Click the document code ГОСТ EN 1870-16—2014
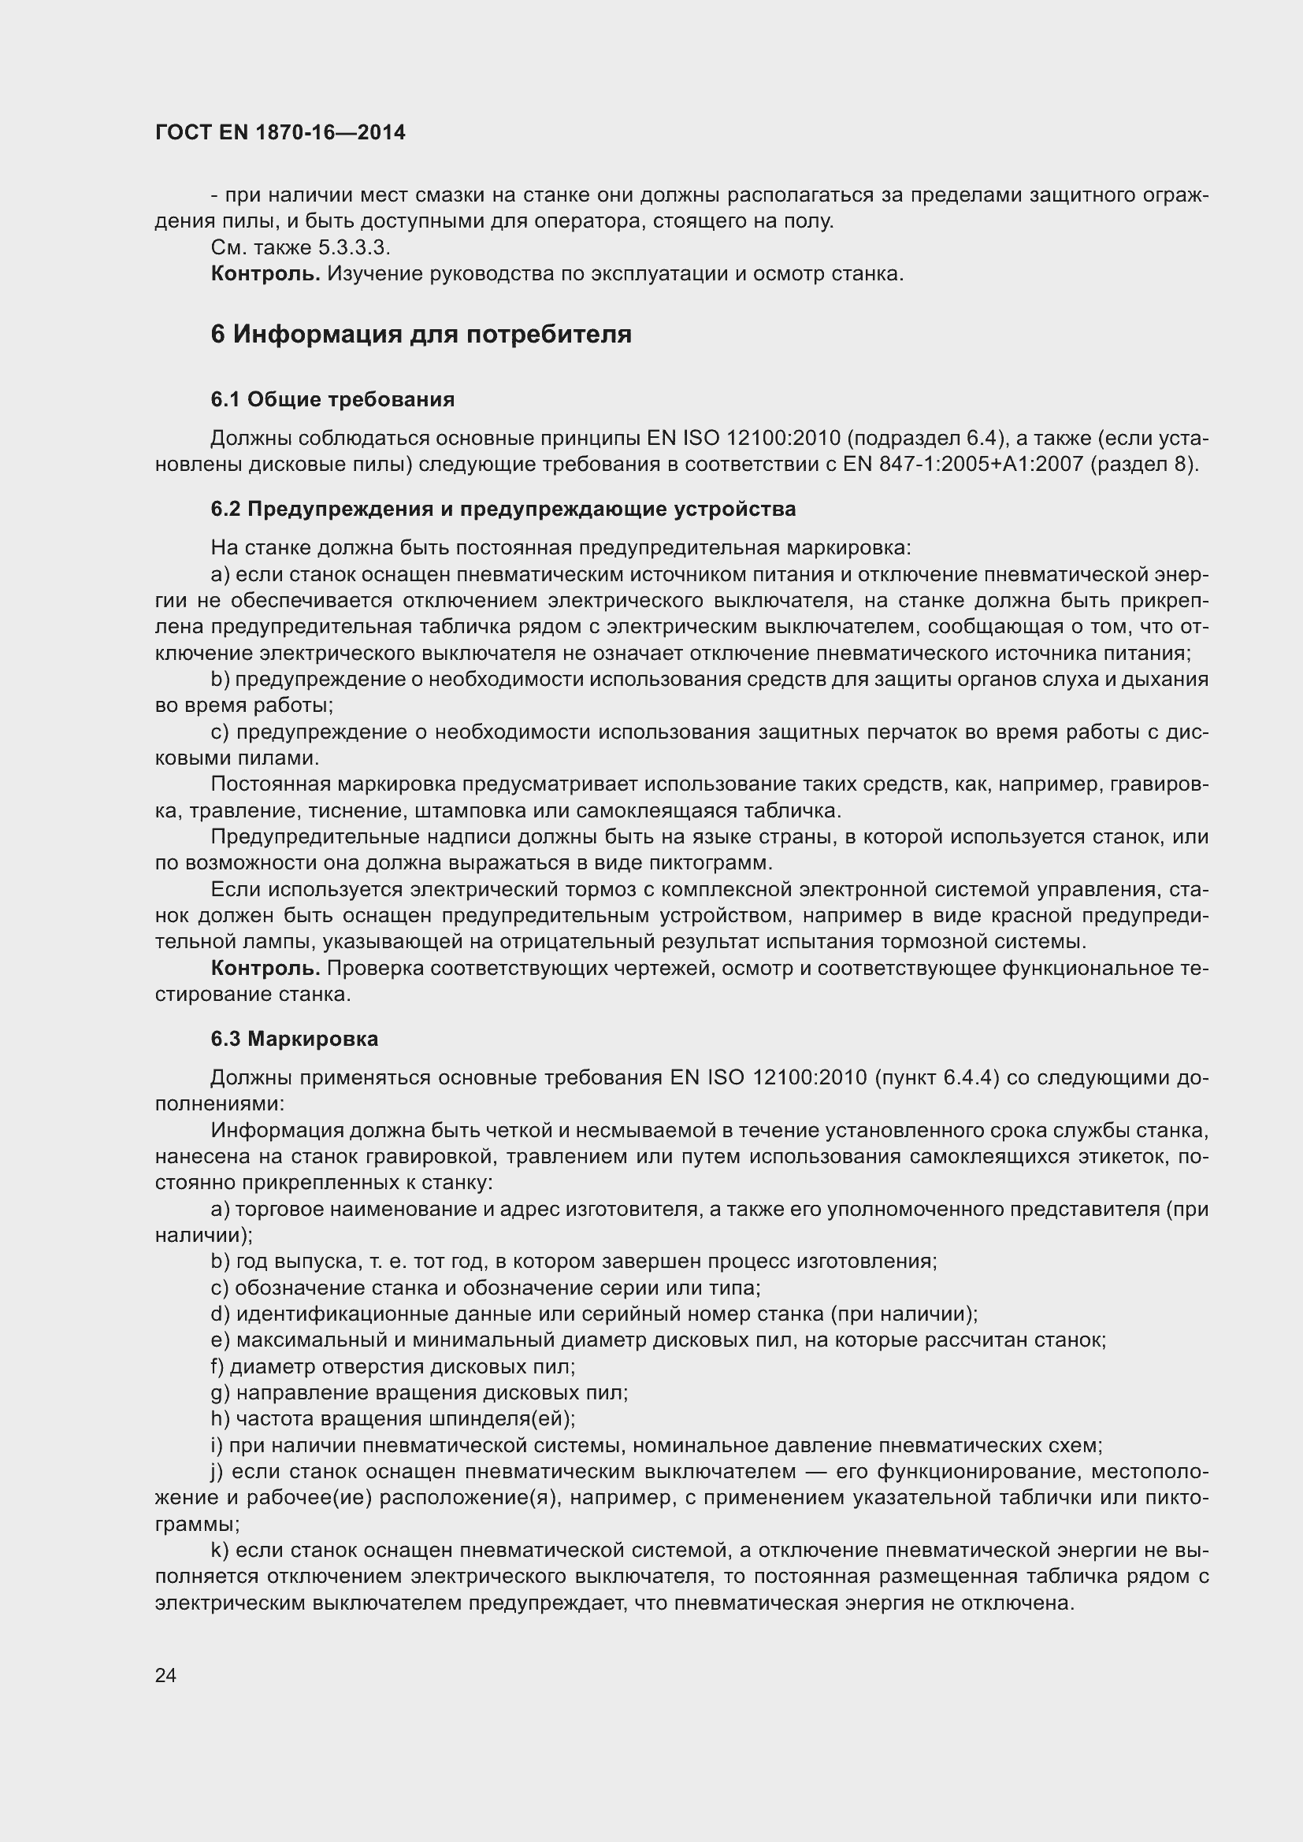(280, 132)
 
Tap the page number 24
(165, 1674)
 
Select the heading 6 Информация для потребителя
(421, 334)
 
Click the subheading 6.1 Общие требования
(332, 398)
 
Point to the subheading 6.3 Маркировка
(295, 1038)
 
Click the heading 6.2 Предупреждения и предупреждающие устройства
(503, 509)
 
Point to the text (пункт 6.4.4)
(936, 1077)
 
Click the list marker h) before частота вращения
(220, 1418)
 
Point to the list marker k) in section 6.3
(220, 1550)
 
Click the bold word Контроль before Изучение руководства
(265, 273)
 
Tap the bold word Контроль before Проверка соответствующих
(265, 969)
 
